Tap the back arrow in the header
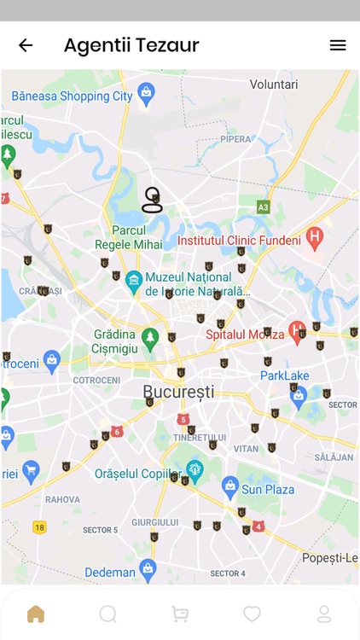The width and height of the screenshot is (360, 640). pyautogui.click(x=26, y=45)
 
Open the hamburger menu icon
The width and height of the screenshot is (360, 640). pyautogui.click(x=338, y=45)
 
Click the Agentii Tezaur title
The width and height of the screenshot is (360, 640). pyautogui.click(x=131, y=45)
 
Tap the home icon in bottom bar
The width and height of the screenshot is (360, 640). pyautogui.click(x=35, y=614)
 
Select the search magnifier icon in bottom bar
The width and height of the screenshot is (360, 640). pyautogui.click(x=107, y=614)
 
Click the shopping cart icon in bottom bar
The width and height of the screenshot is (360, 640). pyautogui.click(x=180, y=614)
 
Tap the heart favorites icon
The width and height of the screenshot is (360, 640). pyautogui.click(x=252, y=614)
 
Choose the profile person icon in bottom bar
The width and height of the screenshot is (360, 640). pyautogui.click(x=324, y=614)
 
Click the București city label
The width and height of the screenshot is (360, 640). pyautogui.click(x=178, y=392)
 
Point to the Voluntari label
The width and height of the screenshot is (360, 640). pyautogui.click(x=273, y=84)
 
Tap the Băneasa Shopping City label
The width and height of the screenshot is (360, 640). pyautogui.click(x=73, y=96)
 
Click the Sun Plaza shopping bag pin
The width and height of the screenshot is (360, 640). pyautogui.click(x=229, y=487)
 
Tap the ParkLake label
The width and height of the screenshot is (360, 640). pyautogui.click(x=284, y=375)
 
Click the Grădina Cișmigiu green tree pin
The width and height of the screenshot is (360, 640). pyautogui.click(x=150, y=337)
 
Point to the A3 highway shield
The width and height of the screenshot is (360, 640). pyautogui.click(x=264, y=207)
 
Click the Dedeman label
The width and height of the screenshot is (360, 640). pyautogui.click(x=109, y=572)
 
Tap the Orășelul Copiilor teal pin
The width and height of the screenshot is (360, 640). pyautogui.click(x=195, y=470)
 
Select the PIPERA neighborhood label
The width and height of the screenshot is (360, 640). pyautogui.click(x=235, y=139)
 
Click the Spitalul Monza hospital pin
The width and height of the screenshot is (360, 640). pyautogui.click(x=297, y=329)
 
